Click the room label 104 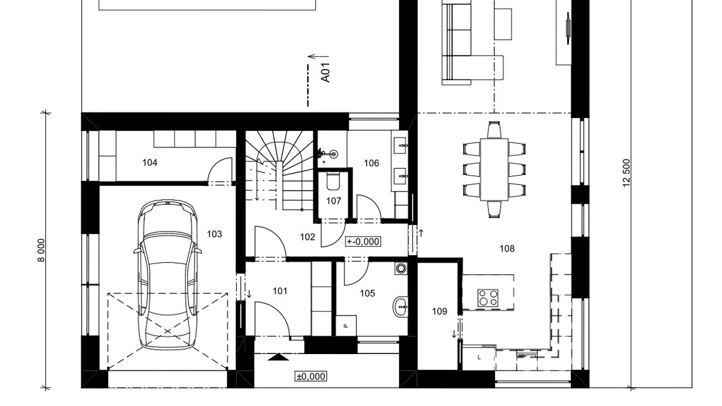click(150, 163)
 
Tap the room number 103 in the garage click(214, 234)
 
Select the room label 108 click(507, 249)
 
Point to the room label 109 click(440, 312)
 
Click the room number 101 click(280, 291)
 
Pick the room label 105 click(368, 293)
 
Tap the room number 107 click(334, 201)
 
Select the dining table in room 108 click(494, 169)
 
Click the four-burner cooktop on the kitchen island click(488, 298)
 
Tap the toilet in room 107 click(332, 180)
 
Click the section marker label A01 click(326, 73)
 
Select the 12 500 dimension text click(627, 173)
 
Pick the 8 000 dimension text click(42, 251)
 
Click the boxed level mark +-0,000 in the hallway click(363, 242)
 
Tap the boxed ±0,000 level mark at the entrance click(311, 377)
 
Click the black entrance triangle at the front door click(278, 356)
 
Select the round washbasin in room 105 click(401, 306)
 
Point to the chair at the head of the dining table click(494, 130)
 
